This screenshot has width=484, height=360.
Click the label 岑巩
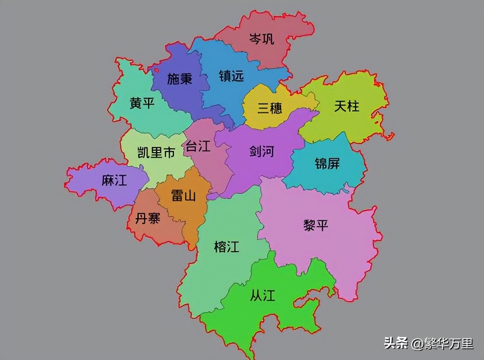[262, 39]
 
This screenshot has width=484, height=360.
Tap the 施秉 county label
[179, 79]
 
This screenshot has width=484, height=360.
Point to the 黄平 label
[142, 103]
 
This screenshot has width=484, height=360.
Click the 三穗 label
[270, 108]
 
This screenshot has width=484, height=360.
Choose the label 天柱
[347, 106]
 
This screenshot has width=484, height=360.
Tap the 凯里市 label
[156, 153]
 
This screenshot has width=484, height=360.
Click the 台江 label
[198, 146]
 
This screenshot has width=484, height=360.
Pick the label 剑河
[262, 152]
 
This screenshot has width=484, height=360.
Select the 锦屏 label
[327, 163]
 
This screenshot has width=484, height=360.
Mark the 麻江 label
[114, 180]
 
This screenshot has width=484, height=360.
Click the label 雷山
[183, 196]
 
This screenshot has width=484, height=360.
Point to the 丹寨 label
[148, 219]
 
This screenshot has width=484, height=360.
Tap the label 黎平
[316, 225]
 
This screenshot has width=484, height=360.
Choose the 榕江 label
[227, 247]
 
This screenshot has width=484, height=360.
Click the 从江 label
[263, 296]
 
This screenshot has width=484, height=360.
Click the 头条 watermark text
[396, 343]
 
